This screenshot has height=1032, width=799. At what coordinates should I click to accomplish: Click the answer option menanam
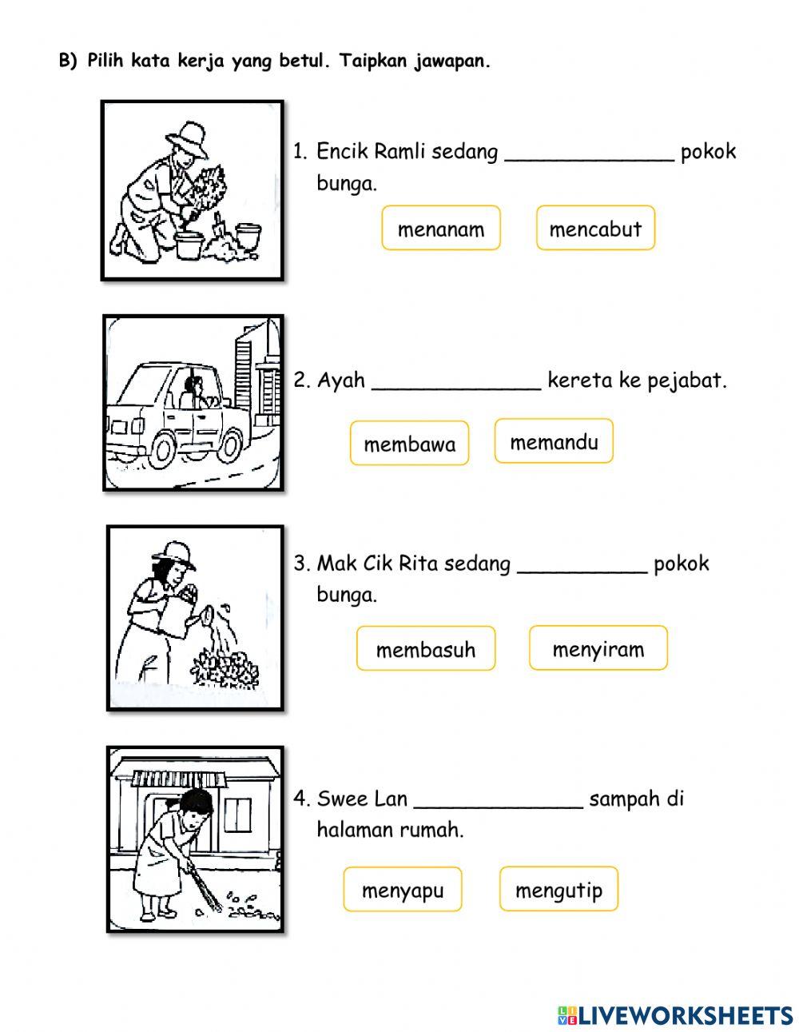pos(440,229)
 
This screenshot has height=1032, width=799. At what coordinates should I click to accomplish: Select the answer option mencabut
pos(595,229)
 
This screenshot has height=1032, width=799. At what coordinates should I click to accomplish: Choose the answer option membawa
pos(409,444)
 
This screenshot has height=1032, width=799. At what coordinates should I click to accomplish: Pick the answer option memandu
pos(554,441)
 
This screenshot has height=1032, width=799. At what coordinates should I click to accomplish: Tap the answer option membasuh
pos(425,648)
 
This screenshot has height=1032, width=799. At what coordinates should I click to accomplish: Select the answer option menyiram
pos(598,648)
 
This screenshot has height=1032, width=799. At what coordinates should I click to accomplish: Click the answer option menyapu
pos(403,890)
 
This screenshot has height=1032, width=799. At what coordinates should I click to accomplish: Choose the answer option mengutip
pos(559,889)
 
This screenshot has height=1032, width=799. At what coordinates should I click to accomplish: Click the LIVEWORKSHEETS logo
pos(675,1014)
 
